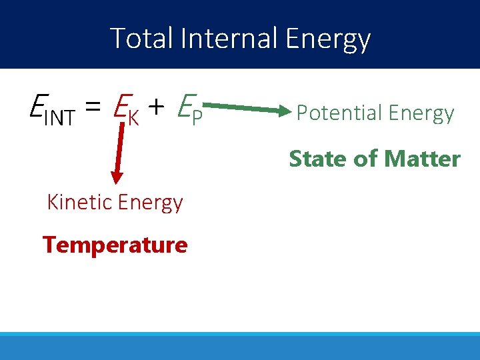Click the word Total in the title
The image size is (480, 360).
(x=137, y=39)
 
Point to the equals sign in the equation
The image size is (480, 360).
(x=93, y=108)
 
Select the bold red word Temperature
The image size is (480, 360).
(x=115, y=245)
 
